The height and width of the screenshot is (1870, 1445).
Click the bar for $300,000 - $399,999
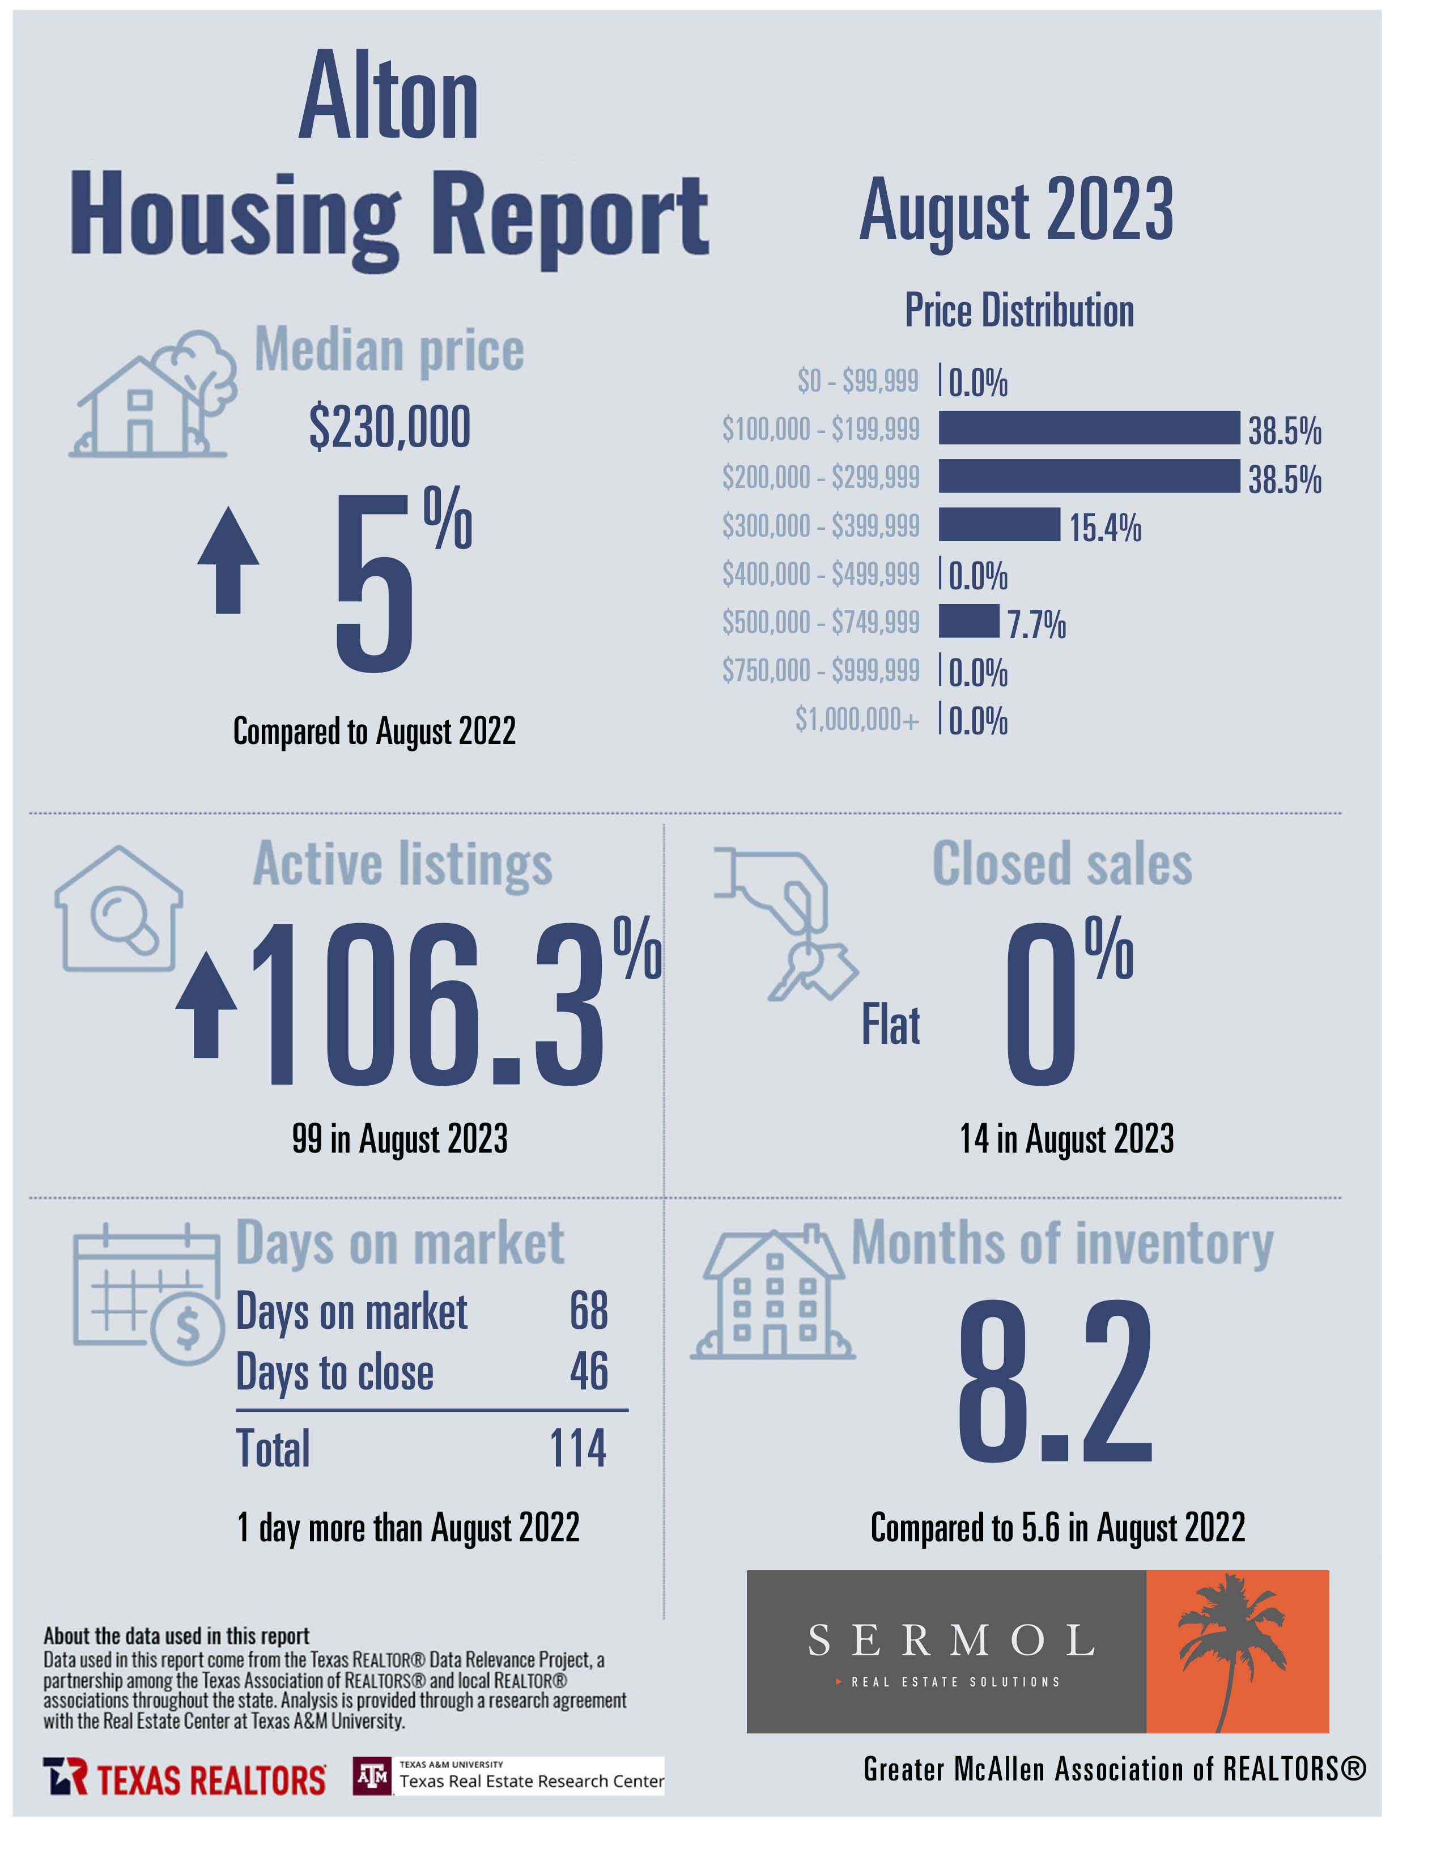[999, 525]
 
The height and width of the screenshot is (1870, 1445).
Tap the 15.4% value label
[1105, 528]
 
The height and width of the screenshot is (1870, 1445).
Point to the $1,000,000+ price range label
[857, 719]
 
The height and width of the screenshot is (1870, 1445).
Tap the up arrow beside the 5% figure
[228, 560]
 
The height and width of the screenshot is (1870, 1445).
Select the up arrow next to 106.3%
[206, 1005]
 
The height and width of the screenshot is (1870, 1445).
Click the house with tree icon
[152, 394]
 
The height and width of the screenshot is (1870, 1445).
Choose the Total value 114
[578, 1449]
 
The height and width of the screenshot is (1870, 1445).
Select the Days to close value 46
[589, 1371]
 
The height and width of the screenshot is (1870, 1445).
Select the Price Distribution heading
[1019, 310]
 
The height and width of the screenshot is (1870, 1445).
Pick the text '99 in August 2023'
[399, 1140]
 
